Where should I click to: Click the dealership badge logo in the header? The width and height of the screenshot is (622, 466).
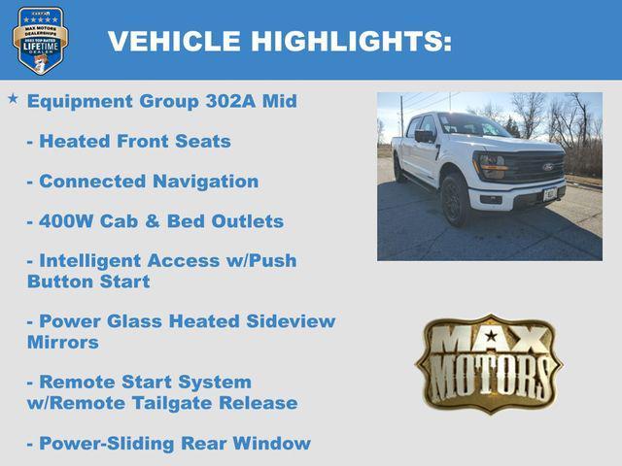(40, 40)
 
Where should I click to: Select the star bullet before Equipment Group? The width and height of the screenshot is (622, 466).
(13, 99)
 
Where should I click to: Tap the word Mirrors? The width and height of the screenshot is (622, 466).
(63, 342)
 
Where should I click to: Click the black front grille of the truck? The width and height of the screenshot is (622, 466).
(532, 168)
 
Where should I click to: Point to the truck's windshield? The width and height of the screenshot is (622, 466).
(471, 126)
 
